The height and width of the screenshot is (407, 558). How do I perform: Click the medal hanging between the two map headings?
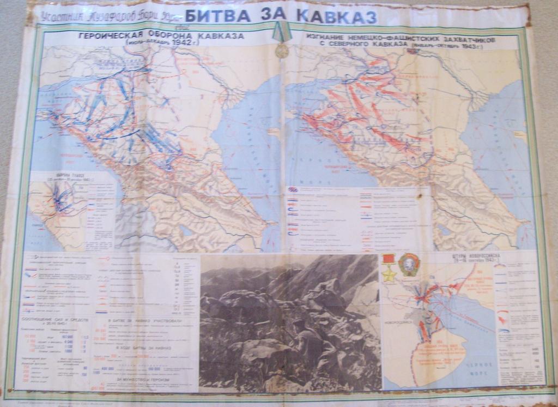(281, 50)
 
